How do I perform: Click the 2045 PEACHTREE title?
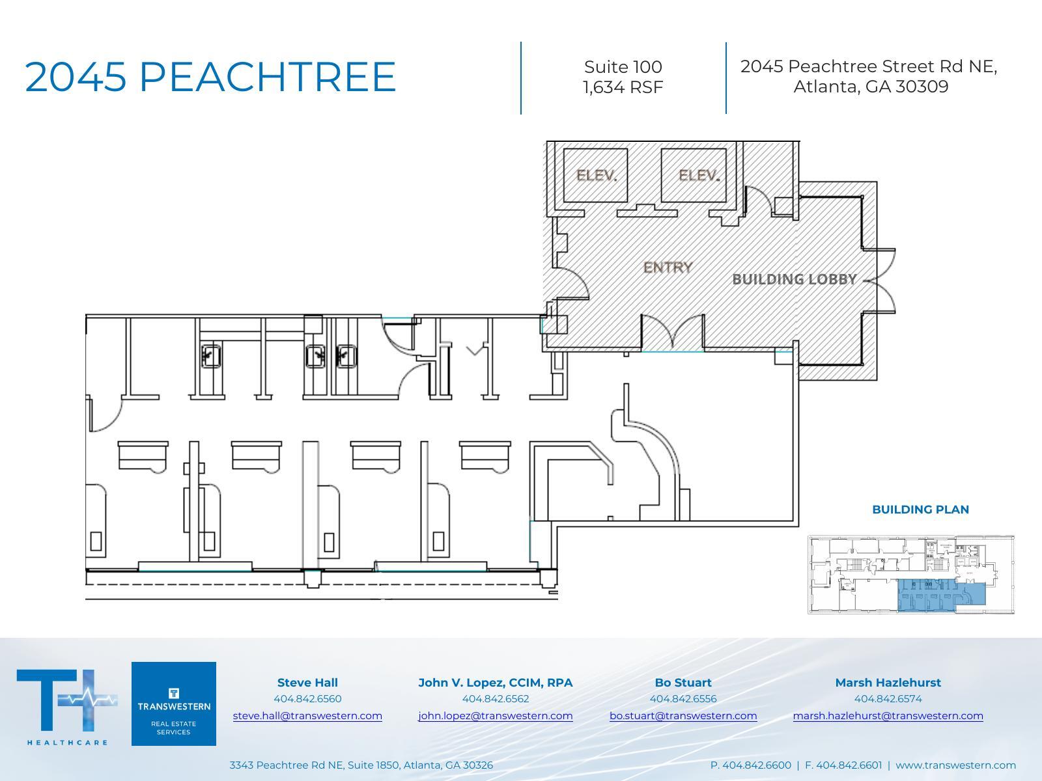tap(210, 77)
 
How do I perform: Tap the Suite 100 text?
tap(623, 67)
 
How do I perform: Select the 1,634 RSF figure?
tap(623, 87)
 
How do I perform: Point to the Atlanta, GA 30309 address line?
tap(870, 87)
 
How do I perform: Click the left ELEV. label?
tap(596, 175)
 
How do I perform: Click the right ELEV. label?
tap(698, 175)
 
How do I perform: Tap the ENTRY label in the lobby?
tap(668, 267)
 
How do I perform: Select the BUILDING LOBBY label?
tap(794, 279)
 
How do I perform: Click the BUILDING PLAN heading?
tap(920, 510)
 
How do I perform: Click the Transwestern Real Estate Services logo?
tap(174, 704)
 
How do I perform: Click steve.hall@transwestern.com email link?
tap(307, 716)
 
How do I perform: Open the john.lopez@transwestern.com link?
tap(495, 716)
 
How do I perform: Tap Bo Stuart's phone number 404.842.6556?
tap(683, 699)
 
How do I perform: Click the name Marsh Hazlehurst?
tap(888, 683)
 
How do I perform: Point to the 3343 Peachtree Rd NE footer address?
tap(361, 765)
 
